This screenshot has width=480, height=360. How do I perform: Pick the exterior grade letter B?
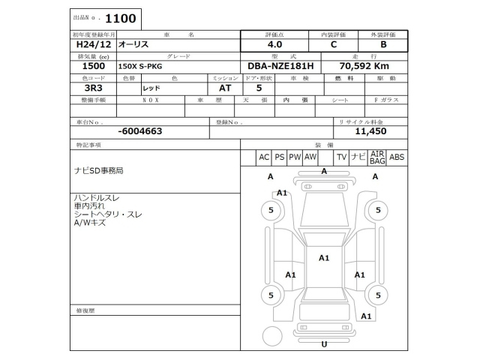click(383, 45)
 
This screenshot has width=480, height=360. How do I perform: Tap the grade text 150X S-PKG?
click(139, 67)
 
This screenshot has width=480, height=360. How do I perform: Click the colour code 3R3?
click(83, 88)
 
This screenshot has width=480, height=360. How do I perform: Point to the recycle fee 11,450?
click(370, 130)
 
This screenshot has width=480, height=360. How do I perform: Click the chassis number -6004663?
click(140, 130)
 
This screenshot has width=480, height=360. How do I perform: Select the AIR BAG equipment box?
click(377, 157)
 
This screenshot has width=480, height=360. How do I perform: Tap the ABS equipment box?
click(397, 157)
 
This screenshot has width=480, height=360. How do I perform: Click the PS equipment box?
click(279, 157)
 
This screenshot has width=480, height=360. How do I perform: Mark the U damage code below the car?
click(324, 344)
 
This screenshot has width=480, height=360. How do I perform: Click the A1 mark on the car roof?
click(324, 258)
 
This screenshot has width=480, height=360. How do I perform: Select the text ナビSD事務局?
click(98, 171)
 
